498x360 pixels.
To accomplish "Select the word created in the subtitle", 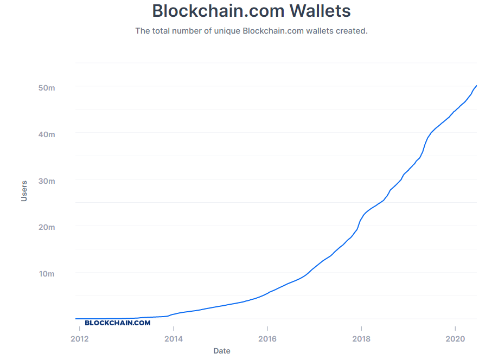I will coord(351,31).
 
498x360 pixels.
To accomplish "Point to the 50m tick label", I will coord(47,88).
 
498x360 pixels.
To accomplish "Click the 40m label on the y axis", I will coord(47,134).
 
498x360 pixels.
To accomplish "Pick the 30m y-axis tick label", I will coord(47,181).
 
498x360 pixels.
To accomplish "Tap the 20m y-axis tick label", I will coord(47,227).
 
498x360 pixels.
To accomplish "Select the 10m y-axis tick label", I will coord(47,274).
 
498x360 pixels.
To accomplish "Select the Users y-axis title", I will coord(24,191).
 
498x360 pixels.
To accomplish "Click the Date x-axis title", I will coord(221,351).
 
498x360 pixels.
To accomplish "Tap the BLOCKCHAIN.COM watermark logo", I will coord(118,323).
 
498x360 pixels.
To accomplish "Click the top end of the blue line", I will coord(476,86).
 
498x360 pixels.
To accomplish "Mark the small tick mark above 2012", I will coord(80,324).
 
